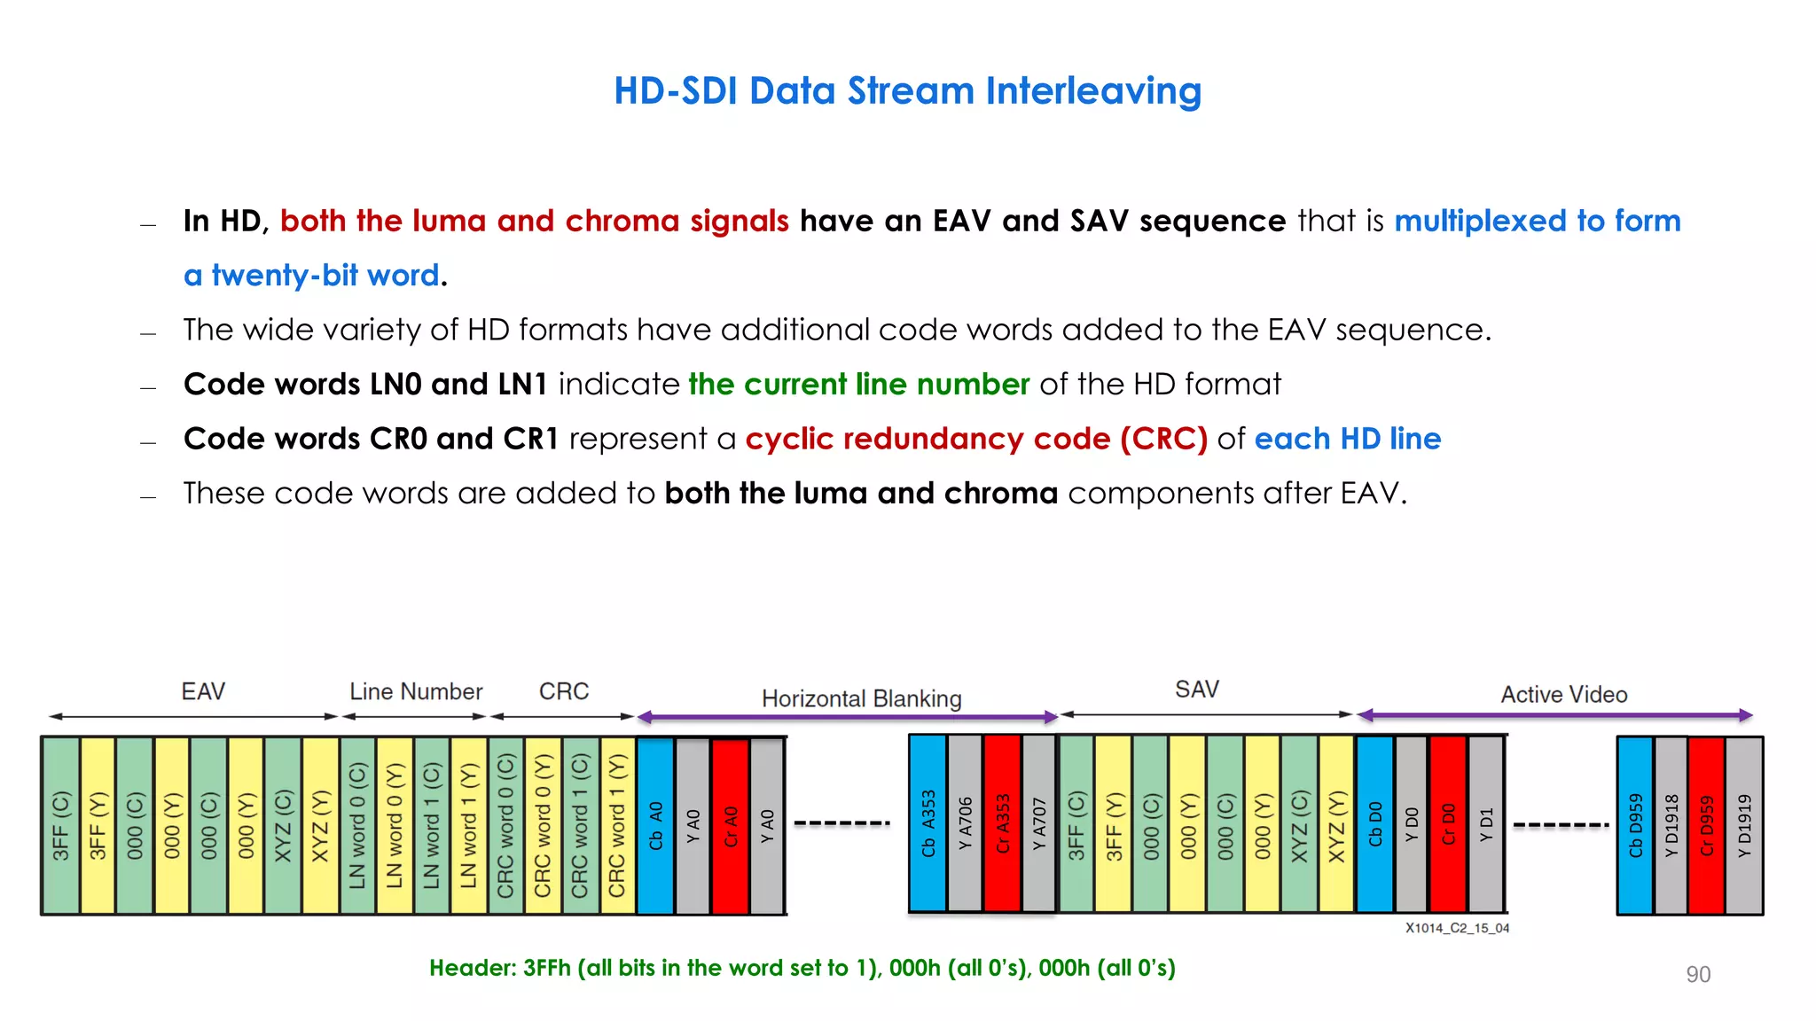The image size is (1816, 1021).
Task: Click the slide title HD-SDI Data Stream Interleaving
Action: [x=907, y=91]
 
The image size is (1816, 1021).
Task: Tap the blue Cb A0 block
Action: [x=655, y=825]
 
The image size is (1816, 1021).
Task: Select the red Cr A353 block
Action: [x=1002, y=823]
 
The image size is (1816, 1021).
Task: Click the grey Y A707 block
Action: [x=1039, y=823]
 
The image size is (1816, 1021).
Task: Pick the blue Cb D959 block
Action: [x=1635, y=825]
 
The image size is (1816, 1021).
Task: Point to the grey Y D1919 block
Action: [x=1744, y=825]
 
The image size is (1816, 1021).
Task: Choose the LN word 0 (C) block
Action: [x=357, y=825]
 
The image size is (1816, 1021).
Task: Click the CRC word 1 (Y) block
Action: [x=617, y=825]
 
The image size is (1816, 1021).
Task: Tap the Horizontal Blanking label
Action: [x=861, y=698]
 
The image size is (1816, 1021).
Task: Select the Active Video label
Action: [x=1563, y=695]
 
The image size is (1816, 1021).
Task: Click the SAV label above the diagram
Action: [x=1196, y=690]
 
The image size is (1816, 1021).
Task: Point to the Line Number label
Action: [x=416, y=691]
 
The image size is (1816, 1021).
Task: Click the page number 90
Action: [x=1697, y=974]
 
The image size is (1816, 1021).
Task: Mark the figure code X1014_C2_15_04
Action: [x=1456, y=928]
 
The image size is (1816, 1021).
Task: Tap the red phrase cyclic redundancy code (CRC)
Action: [x=976, y=439]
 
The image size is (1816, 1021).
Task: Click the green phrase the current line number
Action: [x=858, y=384]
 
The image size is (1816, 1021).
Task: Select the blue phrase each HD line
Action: [x=1347, y=439]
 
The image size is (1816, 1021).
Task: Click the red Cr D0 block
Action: [x=1447, y=823]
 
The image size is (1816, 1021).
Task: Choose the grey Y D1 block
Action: [x=1485, y=823]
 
